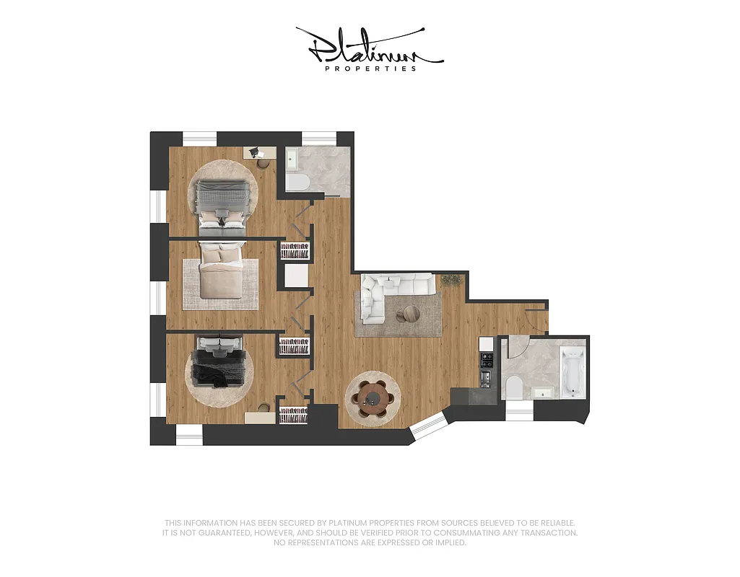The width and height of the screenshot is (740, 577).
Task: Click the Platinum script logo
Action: [369, 47]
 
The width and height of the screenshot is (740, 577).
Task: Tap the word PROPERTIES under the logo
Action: [370, 69]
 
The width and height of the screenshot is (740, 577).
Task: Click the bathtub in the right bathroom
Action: [571, 372]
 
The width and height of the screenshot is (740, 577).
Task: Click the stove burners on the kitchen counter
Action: [487, 358]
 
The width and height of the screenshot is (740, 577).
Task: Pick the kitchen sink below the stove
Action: [487, 377]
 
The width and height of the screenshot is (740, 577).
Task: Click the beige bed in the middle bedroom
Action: [222, 272]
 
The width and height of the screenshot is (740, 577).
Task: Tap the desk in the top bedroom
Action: [260, 152]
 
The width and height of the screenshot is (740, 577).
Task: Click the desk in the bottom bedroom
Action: [260, 418]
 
